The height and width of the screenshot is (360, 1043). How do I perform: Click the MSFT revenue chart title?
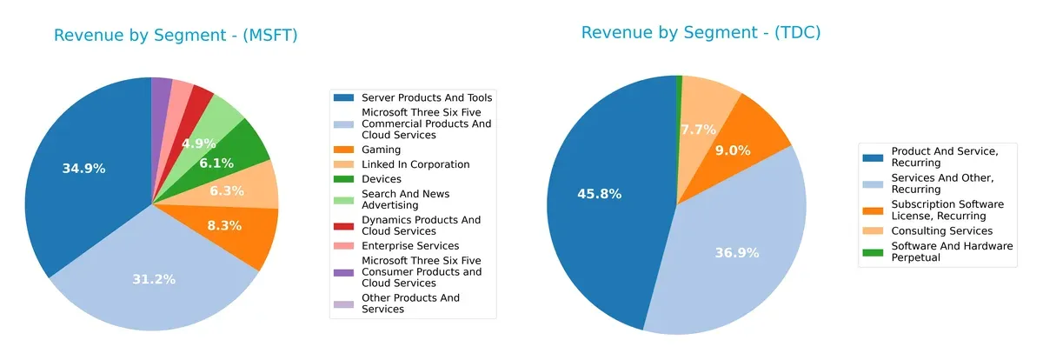[x=176, y=36]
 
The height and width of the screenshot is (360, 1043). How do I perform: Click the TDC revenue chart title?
[x=701, y=33]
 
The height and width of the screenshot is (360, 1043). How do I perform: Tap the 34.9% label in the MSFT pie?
[x=83, y=168]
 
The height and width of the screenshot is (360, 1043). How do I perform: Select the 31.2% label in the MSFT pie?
[x=154, y=279]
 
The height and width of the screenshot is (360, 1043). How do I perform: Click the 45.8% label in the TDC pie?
[x=599, y=194]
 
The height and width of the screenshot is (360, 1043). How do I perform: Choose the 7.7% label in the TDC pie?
[x=699, y=130]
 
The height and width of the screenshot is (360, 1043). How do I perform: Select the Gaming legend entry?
[x=381, y=150]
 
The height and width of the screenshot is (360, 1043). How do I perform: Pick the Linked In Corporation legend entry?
[x=415, y=164]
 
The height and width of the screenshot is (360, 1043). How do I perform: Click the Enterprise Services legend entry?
[x=409, y=246]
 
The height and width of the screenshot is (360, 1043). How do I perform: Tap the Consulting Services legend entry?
[x=941, y=230]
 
